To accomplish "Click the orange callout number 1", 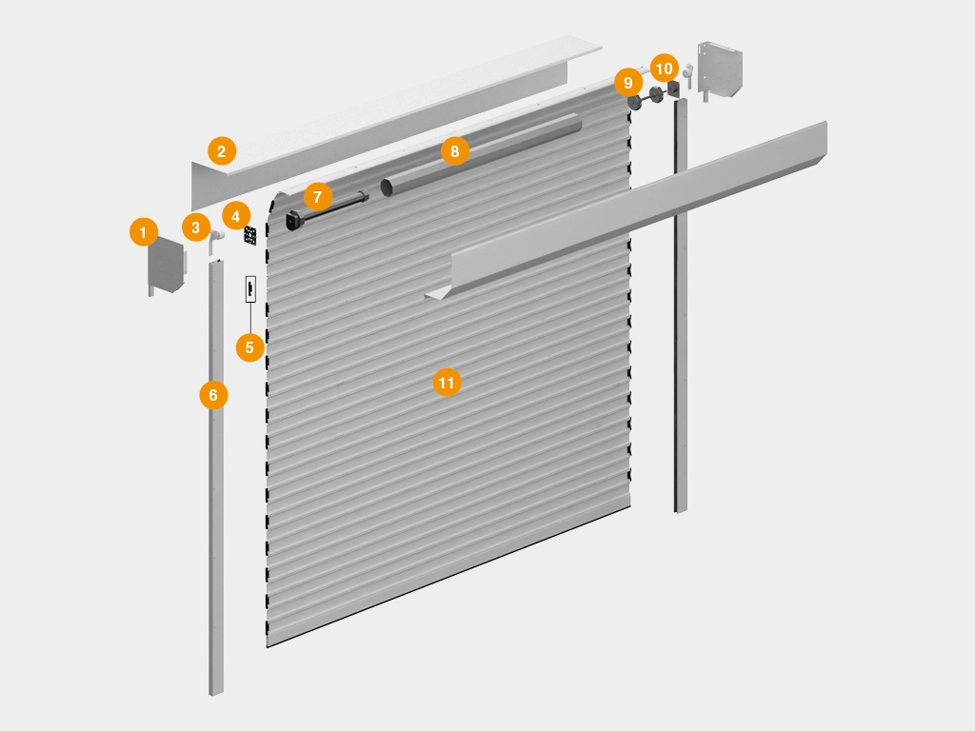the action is click(144, 232).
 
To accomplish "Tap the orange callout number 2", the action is click(222, 151).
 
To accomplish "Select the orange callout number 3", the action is click(196, 227).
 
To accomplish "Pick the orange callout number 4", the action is click(236, 216).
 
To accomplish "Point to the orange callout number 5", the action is click(250, 347).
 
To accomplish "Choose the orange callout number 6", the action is click(214, 395).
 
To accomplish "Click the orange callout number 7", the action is click(318, 197).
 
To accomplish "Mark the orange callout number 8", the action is click(454, 151).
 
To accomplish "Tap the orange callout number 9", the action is click(628, 83).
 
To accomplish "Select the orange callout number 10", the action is click(665, 69).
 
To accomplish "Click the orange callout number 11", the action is click(448, 383).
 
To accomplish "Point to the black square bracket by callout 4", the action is click(250, 236).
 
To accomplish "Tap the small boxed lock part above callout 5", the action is click(250, 289).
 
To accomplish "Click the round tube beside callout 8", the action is click(480, 155).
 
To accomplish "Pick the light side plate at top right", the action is click(720, 69).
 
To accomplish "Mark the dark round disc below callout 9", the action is click(635, 103).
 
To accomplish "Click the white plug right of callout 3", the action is click(215, 240).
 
